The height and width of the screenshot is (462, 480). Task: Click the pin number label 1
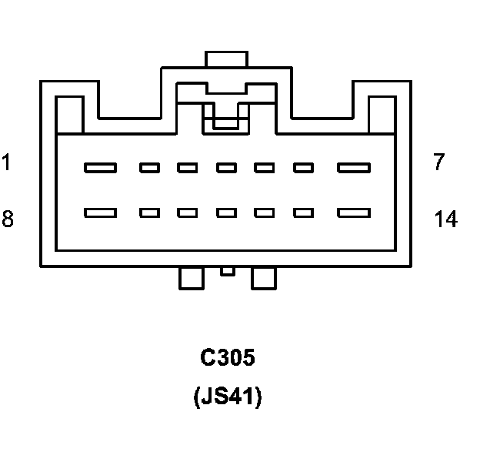click(x=6, y=163)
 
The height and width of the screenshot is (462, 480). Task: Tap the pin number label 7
click(x=439, y=162)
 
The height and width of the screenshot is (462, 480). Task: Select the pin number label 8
click(x=7, y=219)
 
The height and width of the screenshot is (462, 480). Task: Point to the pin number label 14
click(x=445, y=219)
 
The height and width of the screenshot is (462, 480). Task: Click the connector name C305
click(x=227, y=358)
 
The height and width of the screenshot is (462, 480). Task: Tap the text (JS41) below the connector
click(x=227, y=397)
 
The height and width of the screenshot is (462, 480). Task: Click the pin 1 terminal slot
click(x=100, y=167)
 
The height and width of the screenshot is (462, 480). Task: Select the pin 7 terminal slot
click(x=354, y=167)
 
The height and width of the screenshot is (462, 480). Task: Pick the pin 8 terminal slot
click(x=100, y=213)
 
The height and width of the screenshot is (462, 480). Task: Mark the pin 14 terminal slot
click(x=354, y=213)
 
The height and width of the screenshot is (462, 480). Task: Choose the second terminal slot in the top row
click(x=149, y=167)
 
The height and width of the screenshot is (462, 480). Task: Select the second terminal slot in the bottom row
click(x=149, y=213)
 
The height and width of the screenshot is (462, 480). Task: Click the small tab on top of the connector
click(x=225, y=59)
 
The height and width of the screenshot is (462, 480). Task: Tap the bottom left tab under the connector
click(x=191, y=278)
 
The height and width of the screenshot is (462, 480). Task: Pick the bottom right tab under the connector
click(x=263, y=278)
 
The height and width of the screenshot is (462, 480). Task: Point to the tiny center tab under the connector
click(x=227, y=271)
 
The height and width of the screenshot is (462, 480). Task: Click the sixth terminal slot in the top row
click(x=304, y=167)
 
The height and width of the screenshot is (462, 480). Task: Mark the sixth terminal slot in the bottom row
click(x=304, y=213)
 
